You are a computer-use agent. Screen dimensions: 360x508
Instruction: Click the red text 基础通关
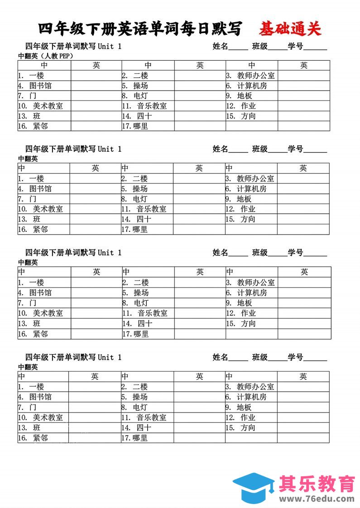pos(290,29)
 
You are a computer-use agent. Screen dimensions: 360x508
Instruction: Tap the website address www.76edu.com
pos(317,499)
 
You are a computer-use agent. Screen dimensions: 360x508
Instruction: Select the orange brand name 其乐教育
pos(317,484)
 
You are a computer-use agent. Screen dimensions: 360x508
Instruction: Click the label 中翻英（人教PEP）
pos(45,56)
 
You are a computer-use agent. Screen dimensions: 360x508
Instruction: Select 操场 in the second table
pos(140,189)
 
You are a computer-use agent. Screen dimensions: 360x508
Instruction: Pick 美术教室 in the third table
pos(48,313)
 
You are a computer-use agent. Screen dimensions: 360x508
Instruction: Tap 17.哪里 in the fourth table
pos(134,438)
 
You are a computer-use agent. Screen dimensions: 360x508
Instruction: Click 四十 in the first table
pos(144,116)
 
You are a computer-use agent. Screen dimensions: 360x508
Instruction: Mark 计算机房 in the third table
pos(252,292)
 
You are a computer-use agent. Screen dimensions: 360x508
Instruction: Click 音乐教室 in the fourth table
pos(151,417)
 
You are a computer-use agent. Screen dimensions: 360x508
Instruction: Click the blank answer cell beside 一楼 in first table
pos(96,76)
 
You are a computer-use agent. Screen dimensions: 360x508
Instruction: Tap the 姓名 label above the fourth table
pos(221,357)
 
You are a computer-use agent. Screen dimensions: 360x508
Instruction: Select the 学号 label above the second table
pos(296,149)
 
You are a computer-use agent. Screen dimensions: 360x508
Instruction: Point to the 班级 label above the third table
pos(260,253)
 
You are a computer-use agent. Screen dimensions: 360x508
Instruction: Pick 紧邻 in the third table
pos(40,334)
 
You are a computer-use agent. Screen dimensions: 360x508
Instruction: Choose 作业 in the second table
pos(248,209)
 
